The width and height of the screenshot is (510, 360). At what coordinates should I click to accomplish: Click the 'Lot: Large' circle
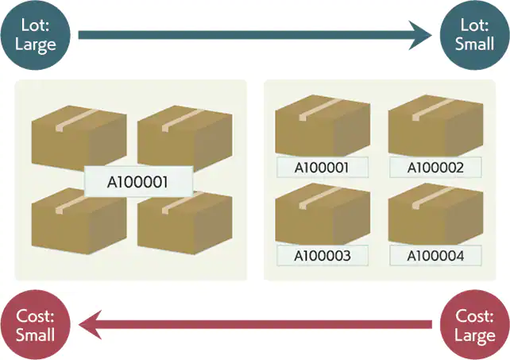tap(36, 35)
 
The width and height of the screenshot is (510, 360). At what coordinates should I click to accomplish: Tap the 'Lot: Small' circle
tap(474, 35)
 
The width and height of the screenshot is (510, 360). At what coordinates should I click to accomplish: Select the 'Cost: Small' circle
tap(36, 325)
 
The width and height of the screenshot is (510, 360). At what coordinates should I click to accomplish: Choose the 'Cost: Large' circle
tap(474, 325)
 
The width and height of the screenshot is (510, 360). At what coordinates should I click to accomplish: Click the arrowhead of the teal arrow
tap(420, 35)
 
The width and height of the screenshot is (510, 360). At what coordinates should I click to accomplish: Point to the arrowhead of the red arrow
tap(91, 324)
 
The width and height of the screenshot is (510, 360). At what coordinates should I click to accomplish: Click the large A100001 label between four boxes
tap(138, 182)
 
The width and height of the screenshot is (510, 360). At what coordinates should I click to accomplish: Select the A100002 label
tap(435, 168)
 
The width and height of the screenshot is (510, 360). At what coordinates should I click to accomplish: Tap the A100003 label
tap(323, 256)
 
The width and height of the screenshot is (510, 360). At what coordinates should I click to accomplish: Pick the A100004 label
tap(435, 256)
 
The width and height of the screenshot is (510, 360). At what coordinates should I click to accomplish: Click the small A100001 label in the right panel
tap(323, 168)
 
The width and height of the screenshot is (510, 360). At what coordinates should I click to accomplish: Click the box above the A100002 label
tap(435, 126)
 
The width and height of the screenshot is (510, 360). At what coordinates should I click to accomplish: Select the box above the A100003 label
tap(323, 214)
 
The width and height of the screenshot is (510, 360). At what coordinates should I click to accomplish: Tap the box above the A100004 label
tap(435, 214)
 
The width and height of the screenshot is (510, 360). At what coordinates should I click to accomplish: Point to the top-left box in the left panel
tap(79, 137)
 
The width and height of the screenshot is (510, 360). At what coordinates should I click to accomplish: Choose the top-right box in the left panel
tap(185, 137)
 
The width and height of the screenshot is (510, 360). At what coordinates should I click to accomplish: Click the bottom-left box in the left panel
tap(79, 222)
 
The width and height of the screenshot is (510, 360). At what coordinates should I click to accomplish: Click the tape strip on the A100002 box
tap(433, 110)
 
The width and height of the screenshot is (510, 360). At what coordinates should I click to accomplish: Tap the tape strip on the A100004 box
tap(433, 198)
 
